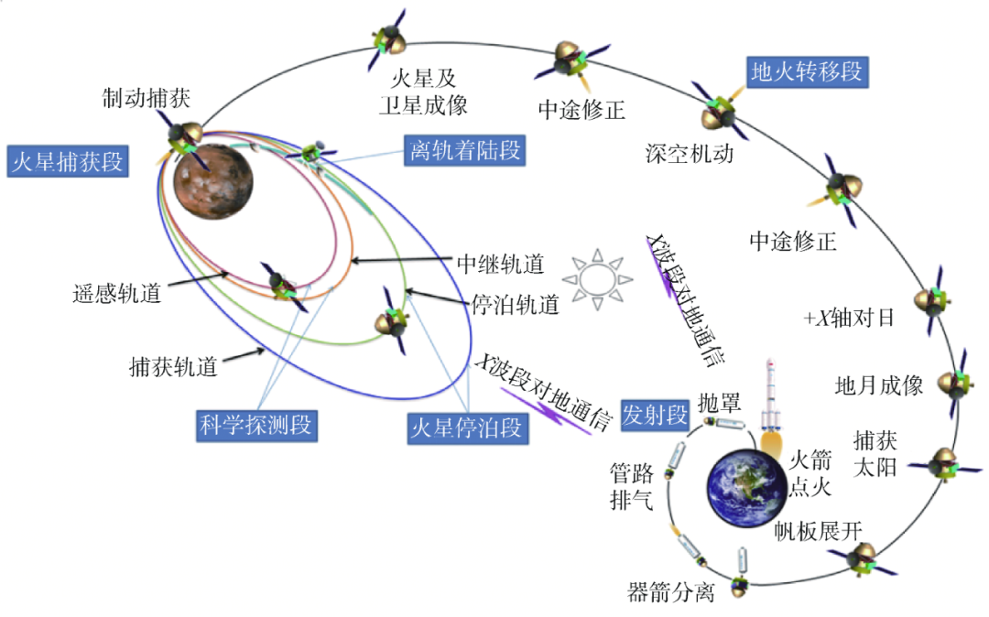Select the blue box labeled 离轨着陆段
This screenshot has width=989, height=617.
(x=462, y=150)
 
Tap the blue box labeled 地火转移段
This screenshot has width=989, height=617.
(x=806, y=72)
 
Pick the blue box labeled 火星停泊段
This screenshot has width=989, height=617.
(x=467, y=427)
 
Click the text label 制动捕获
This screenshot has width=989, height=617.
(x=146, y=98)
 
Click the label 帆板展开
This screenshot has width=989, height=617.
(x=819, y=531)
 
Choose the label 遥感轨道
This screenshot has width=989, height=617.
(x=116, y=294)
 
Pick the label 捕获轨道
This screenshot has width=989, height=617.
(x=174, y=368)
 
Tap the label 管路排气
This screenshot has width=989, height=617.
(x=632, y=487)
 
